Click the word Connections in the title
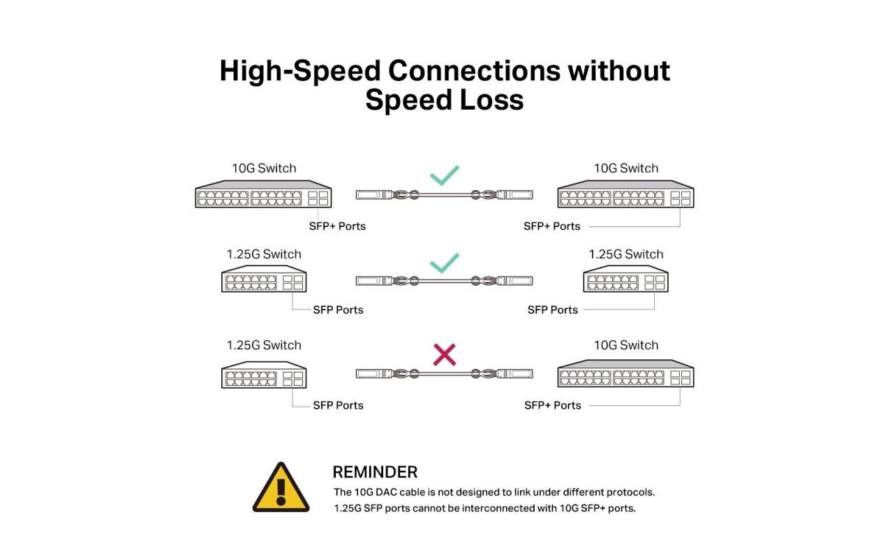474,71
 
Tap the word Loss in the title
491,100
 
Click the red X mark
444,354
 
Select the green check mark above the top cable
445,175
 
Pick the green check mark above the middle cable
445,263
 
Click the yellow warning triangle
281,487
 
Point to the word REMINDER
375,472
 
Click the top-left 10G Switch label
264,168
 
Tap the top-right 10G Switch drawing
625,194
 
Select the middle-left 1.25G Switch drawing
264,279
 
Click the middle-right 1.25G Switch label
625,254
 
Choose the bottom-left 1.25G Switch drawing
264,375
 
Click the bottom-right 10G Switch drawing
625,373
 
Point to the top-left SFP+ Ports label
337,226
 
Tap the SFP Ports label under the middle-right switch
553,310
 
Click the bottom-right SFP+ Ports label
553,405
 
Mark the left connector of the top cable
374,194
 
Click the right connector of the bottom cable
515,374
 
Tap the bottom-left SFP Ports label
338,405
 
